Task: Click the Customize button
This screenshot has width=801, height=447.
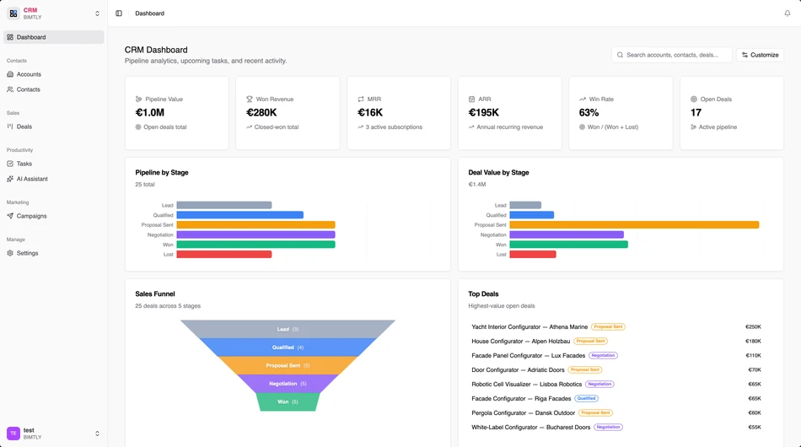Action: click(760, 55)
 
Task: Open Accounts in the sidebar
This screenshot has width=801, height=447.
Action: click(29, 74)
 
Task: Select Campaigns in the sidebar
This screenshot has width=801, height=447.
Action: click(31, 216)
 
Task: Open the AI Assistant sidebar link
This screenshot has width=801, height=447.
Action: click(32, 179)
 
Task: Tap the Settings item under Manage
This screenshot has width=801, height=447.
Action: click(27, 253)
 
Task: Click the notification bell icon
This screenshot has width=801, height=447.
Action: click(788, 13)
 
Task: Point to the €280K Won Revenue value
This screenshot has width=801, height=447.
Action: click(261, 112)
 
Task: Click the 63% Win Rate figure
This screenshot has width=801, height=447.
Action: click(589, 112)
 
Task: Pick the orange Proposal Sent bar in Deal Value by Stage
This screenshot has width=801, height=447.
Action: click(634, 225)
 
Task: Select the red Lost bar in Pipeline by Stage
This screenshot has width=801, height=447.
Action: click(224, 254)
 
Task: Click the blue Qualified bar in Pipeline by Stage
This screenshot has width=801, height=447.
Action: click(240, 215)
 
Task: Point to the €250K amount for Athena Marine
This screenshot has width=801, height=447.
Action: click(752, 327)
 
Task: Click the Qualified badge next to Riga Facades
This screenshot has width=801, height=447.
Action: click(586, 399)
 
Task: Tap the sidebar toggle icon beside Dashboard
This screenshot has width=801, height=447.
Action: click(119, 13)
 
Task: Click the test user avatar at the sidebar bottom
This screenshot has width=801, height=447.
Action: click(13, 434)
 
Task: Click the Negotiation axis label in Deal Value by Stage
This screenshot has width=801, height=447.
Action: click(493, 234)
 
